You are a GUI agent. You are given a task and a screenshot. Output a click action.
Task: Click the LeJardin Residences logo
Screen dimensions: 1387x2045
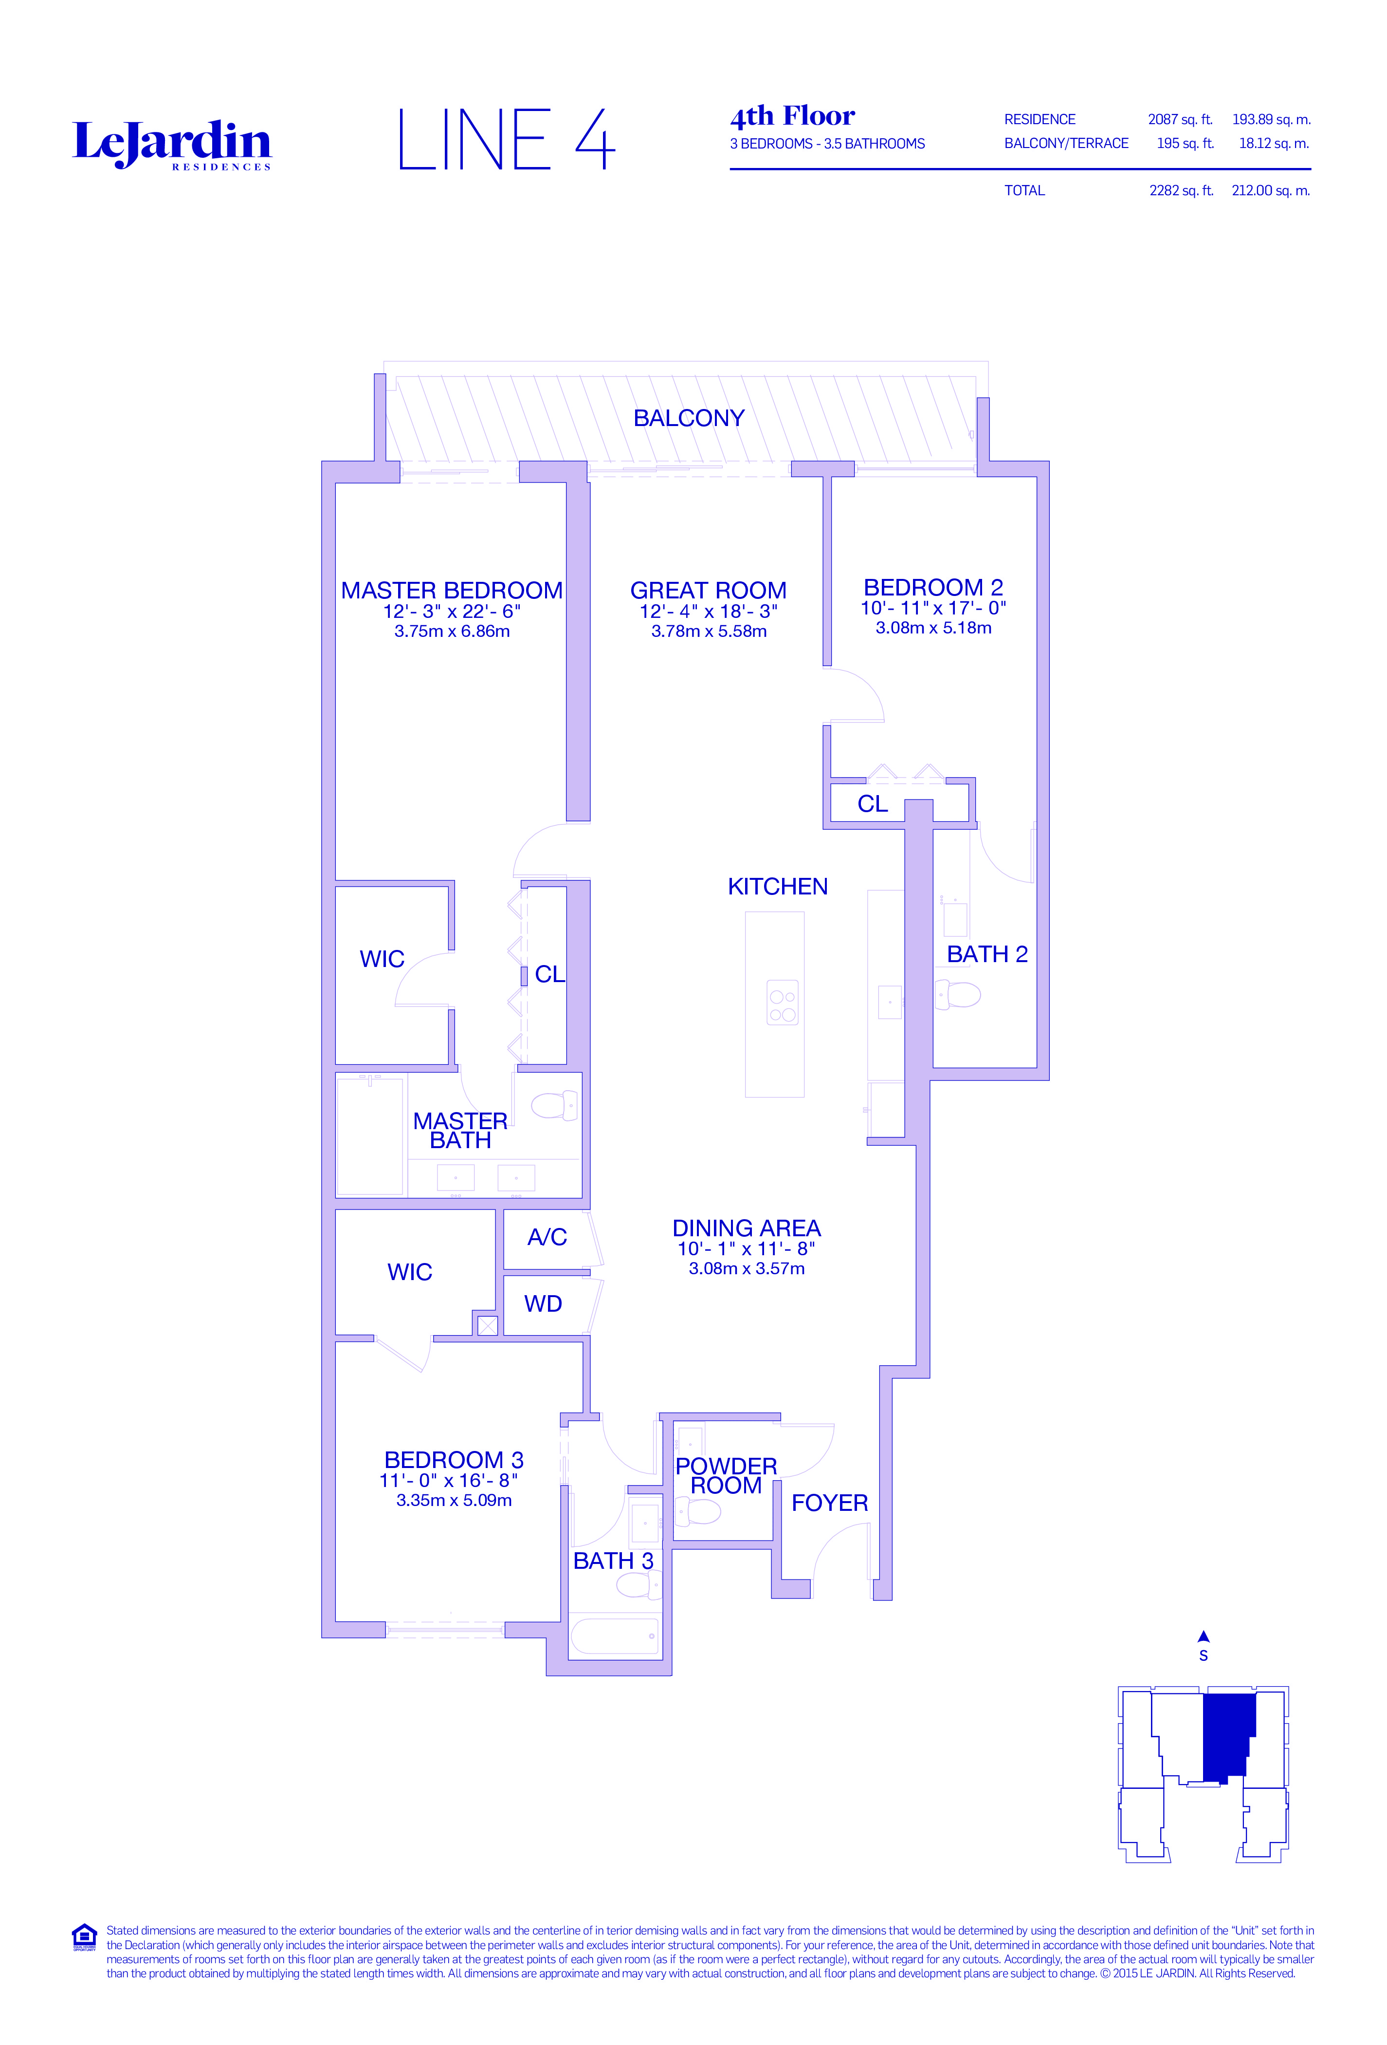(x=171, y=144)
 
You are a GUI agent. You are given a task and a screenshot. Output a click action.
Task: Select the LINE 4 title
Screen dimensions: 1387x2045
(x=507, y=139)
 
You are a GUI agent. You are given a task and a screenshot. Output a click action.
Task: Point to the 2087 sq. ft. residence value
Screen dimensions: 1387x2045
(x=1179, y=120)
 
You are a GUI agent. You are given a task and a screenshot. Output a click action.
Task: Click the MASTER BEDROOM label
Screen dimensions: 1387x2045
(x=451, y=591)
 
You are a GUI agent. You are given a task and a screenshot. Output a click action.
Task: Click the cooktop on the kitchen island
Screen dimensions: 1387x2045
(x=783, y=1002)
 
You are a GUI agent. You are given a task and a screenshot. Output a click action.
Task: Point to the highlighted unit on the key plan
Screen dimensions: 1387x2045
(x=1229, y=1737)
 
